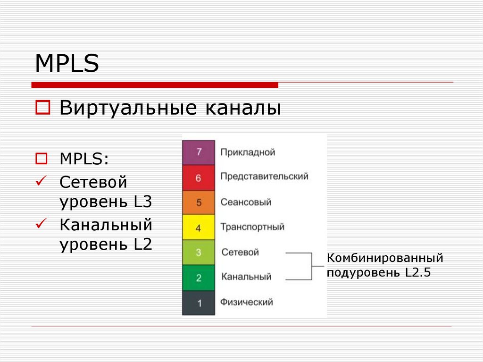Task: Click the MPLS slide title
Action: (67, 63)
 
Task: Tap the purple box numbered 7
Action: (199, 152)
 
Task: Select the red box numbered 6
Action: (199, 177)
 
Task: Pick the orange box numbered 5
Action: (199, 202)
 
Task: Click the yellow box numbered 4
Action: (199, 227)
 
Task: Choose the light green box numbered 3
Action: (199, 252)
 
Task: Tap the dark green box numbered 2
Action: (199, 278)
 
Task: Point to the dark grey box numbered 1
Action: (199, 303)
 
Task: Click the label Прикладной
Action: (248, 152)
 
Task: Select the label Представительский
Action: (264, 177)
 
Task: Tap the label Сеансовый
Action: (246, 202)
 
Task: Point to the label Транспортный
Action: (252, 227)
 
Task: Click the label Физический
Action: (246, 302)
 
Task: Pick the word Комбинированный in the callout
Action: (385, 258)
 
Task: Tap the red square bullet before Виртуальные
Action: (43, 107)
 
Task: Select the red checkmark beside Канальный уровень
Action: (41, 223)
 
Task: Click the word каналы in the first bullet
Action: (243, 108)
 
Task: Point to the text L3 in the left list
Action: (143, 202)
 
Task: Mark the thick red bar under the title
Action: (155, 85)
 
